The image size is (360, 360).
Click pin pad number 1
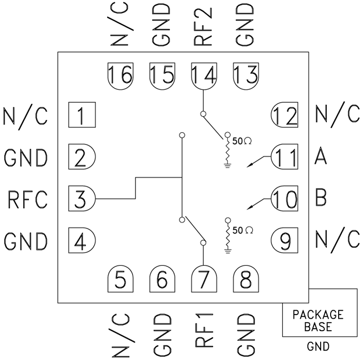point(81,115)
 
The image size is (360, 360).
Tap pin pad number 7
point(204,281)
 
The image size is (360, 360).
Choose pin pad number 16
point(120,74)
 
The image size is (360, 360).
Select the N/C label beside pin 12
point(333,115)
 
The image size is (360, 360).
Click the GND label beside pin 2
point(26,157)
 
